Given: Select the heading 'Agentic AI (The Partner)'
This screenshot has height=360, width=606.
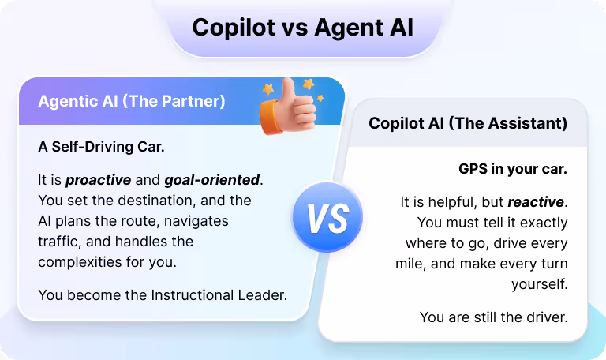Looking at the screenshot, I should [132, 101].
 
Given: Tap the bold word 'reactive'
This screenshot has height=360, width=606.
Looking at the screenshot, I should [537, 202].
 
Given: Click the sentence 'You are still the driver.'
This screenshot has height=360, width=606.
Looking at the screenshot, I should [493, 317].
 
